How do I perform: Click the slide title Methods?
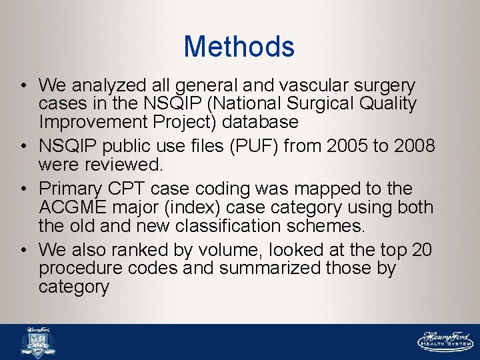click(x=239, y=47)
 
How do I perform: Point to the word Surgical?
click(x=319, y=104)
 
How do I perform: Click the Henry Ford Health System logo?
click(x=445, y=341)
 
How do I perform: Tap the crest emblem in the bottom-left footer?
click(x=39, y=342)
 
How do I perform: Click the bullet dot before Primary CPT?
click(x=23, y=189)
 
